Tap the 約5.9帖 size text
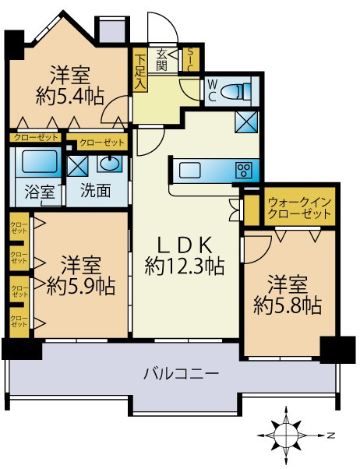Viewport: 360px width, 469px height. [x=80, y=285]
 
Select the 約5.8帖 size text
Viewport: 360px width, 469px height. [x=288, y=304]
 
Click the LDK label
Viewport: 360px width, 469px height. [x=185, y=243]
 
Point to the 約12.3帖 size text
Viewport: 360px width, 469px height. [x=185, y=266]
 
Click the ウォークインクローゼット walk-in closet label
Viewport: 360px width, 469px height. [x=300, y=209]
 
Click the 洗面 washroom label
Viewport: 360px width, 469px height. [x=99, y=190]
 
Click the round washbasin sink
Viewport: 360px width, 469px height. [x=110, y=165]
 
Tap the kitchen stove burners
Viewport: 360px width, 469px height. [x=245, y=170]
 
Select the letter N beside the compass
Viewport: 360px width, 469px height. [x=330, y=433]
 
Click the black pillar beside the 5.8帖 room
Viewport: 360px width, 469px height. [x=336, y=348]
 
